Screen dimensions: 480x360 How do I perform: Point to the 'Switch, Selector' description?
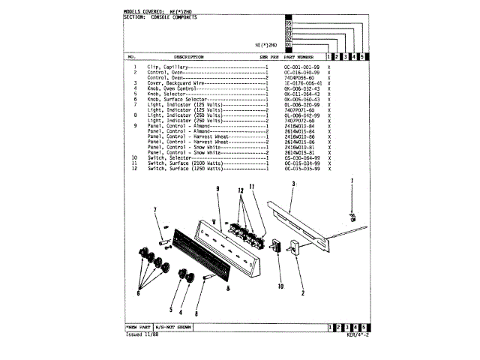[x=169, y=158]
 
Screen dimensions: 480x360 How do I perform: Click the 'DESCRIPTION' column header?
[x=189, y=56]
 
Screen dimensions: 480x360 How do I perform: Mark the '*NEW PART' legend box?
[x=139, y=328]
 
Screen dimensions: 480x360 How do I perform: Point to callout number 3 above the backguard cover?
[x=294, y=183]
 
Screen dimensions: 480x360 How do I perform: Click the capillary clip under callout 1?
[x=352, y=218]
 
